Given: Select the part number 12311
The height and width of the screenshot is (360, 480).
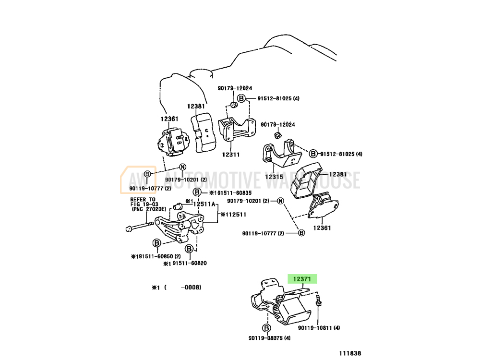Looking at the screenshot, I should (x=231, y=155).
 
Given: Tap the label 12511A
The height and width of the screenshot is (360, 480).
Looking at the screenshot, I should (x=204, y=204).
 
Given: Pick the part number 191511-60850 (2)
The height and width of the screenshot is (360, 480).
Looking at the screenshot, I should (x=156, y=256).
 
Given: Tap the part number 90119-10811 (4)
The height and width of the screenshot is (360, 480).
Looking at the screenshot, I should (x=319, y=328).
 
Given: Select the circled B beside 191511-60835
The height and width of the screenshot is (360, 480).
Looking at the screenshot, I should (x=197, y=192).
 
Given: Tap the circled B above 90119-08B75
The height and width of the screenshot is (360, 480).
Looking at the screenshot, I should (x=265, y=328).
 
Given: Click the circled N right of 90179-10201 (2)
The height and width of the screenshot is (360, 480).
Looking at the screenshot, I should (x=281, y=201).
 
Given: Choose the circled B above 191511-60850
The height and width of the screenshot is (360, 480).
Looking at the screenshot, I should (x=156, y=243).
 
